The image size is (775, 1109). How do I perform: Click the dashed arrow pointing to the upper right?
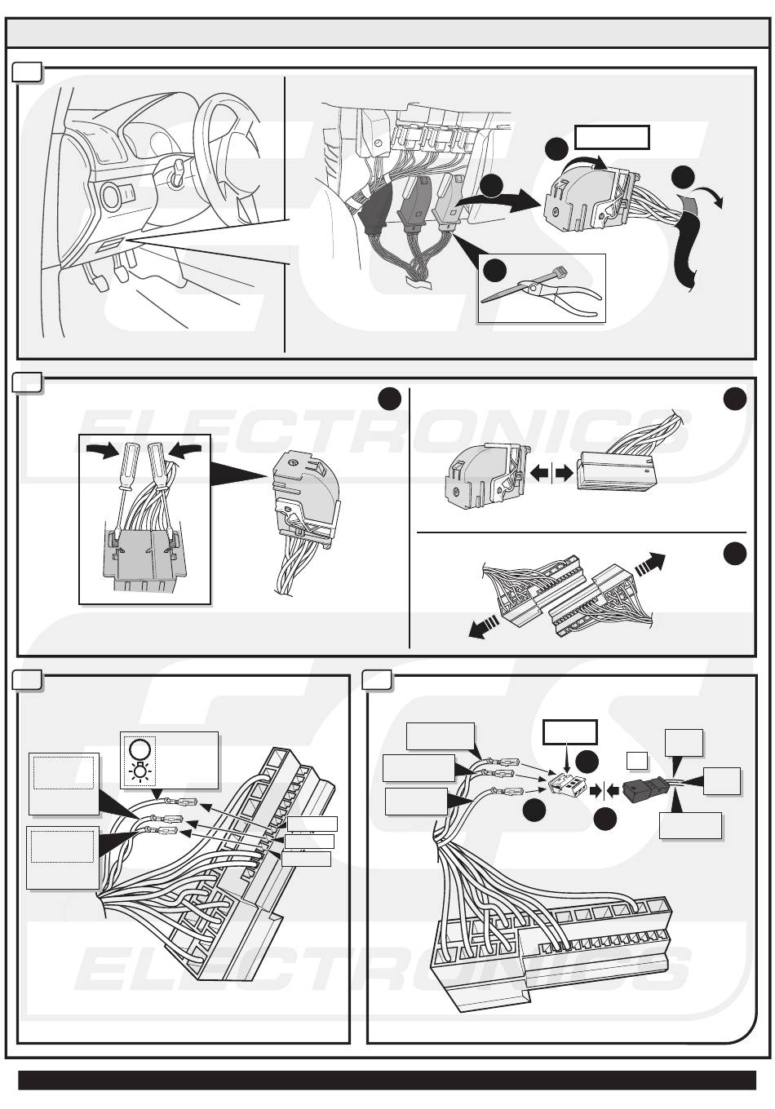click(649, 564)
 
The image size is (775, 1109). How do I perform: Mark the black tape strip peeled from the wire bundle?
click(686, 243)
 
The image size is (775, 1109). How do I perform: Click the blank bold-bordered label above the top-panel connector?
click(612, 137)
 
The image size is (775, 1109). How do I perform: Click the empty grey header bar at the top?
click(387, 33)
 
